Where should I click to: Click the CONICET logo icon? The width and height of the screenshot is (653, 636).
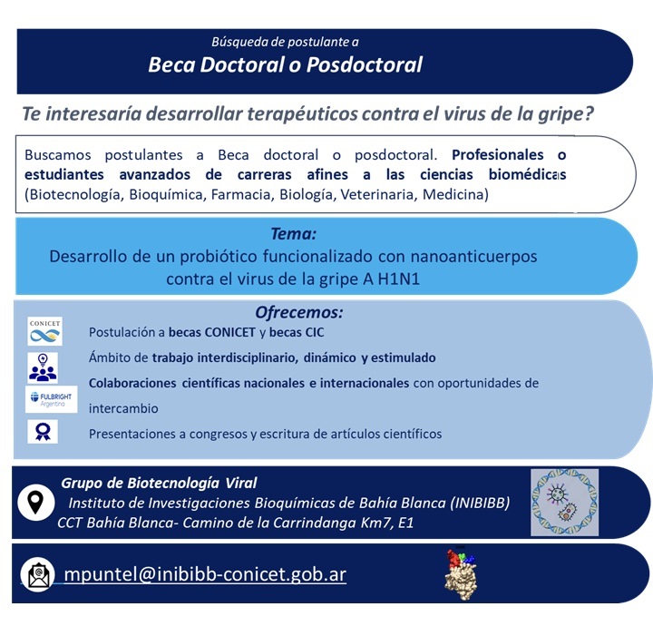(x=45, y=331)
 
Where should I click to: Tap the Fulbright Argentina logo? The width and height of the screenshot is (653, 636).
(x=52, y=399)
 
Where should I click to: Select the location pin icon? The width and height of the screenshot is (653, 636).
(x=36, y=502)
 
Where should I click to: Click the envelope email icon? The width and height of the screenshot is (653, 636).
(x=38, y=575)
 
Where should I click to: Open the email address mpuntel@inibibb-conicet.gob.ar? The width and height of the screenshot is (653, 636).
(x=205, y=574)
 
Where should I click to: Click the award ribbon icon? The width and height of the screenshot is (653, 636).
(x=43, y=432)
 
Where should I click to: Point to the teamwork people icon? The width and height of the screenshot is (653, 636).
(x=43, y=367)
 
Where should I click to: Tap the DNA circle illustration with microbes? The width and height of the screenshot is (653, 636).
(x=565, y=503)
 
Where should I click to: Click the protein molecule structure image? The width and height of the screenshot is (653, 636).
(x=461, y=574)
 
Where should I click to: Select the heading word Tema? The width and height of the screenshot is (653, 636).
(x=294, y=234)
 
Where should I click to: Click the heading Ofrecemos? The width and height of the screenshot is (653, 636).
(x=299, y=312)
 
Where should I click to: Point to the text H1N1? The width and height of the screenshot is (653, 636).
(x=398, y=279)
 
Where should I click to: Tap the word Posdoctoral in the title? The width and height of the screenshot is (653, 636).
(x=365, y=65)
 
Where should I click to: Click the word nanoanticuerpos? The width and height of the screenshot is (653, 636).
(x=473, y=257)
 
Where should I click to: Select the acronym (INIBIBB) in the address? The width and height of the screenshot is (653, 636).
(x=480, y=503)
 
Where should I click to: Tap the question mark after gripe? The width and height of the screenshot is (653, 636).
(x=589, y=113)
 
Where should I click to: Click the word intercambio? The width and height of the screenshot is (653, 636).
(x=123, y=408)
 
